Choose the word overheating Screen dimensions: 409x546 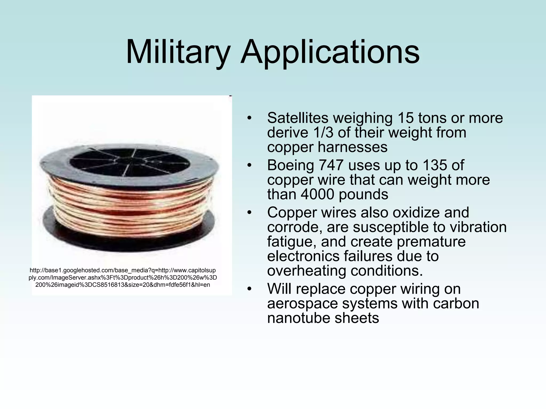[x=306, y=271]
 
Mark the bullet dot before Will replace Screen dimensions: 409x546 [x=249, y=289]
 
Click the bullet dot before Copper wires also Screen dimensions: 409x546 [x=249, y=213]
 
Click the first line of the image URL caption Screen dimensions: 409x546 [x=123, y=271]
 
